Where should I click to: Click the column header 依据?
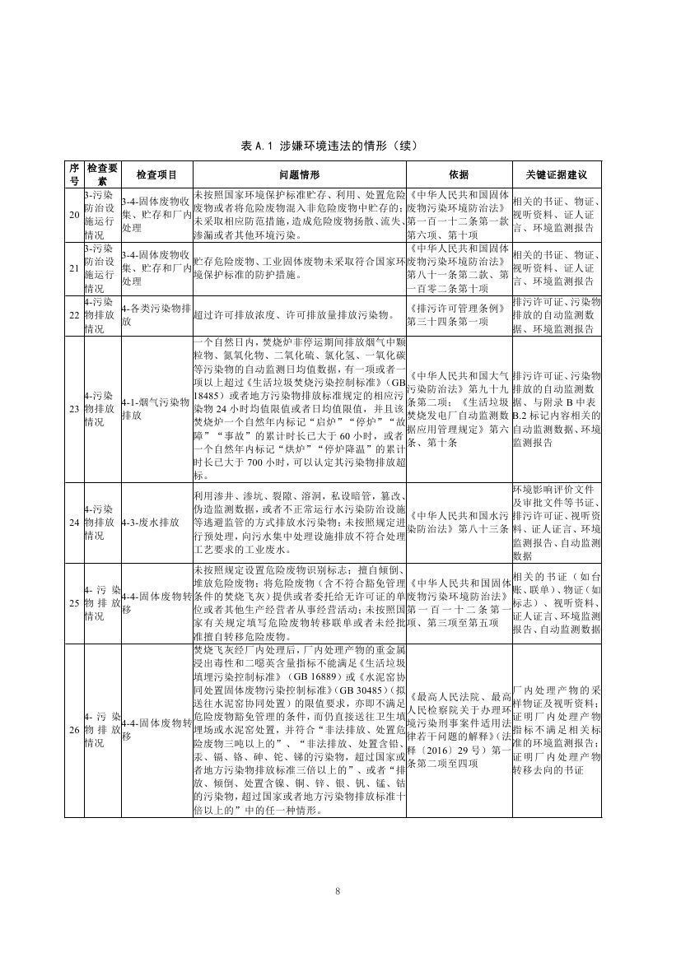pyautogui.click(x=458, y=175)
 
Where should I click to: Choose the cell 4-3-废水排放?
pyautogui.click(x=149, y=522)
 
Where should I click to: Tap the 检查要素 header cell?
pyautogui.click(x=102, y=175)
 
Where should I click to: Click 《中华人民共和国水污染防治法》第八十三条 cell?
pyautogui.click(x=458, y=522)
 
